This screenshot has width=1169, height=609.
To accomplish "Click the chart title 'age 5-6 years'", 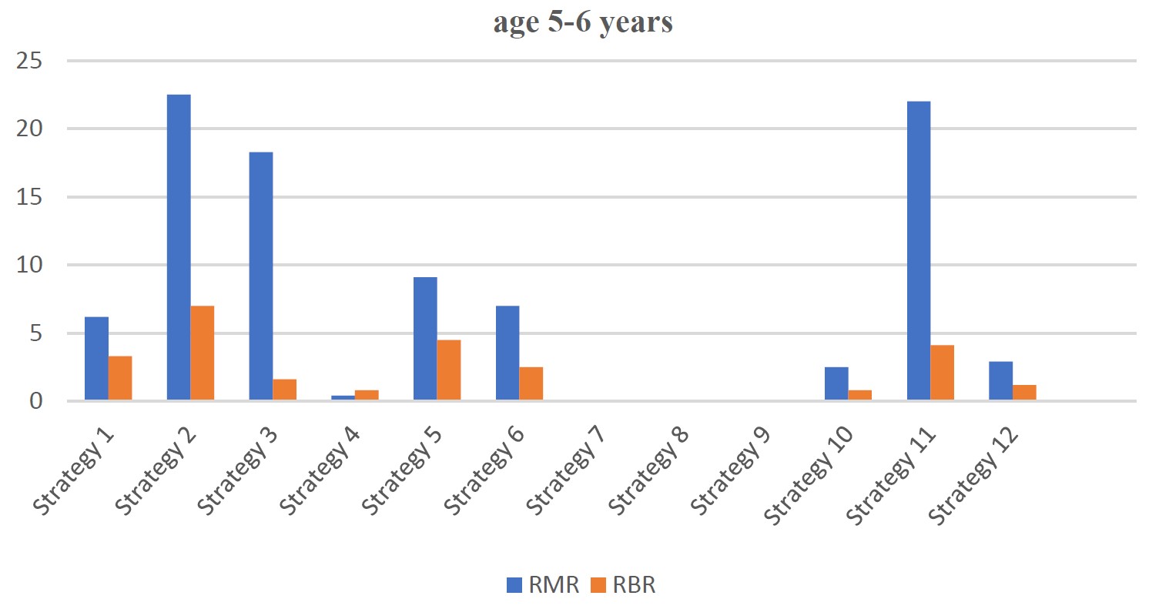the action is point(583,23).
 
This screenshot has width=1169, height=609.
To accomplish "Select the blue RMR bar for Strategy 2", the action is point(179,247).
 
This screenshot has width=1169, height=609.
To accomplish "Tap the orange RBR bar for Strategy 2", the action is point(203,353).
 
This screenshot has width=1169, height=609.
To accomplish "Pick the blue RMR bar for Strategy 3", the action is point(261,276).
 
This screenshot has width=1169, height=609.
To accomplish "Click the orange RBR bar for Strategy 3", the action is point(284,390).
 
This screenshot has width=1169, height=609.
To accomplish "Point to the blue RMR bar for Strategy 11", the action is point(919,250).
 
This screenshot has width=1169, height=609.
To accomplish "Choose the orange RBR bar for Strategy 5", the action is point(449,370).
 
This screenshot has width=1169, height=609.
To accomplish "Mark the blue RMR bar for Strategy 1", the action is point(96,359).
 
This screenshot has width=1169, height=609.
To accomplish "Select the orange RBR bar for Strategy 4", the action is point(367,395).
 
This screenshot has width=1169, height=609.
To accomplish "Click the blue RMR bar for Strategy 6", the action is point(507,353).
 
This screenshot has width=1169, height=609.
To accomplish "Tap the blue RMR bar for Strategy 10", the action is point(836,383).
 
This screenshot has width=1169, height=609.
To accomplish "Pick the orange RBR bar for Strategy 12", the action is point(1024,393).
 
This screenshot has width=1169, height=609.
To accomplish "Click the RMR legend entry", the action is point(543,585).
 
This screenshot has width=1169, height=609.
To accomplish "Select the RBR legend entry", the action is point(623,585).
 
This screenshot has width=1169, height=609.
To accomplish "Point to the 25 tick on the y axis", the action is point(29,61).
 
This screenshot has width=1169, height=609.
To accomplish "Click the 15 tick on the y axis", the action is point(29,197).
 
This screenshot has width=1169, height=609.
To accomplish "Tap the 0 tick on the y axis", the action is point(36,401).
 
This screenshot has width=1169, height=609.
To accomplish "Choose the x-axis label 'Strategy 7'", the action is point(564,470).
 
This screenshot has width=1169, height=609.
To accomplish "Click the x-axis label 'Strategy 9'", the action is point(729,470).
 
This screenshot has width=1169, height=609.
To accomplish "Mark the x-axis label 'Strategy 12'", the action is point(973,475).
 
